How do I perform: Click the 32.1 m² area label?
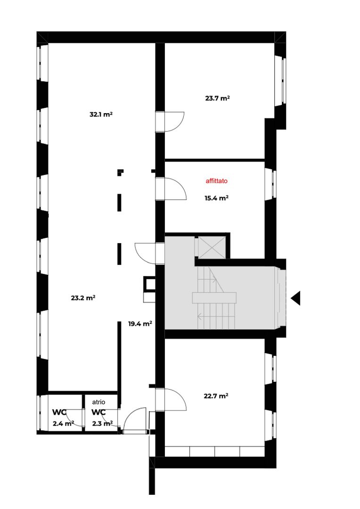101,114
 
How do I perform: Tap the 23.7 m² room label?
218,98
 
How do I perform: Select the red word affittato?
217,181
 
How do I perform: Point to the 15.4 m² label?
217,197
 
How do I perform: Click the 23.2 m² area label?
83,297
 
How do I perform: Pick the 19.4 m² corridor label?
140,324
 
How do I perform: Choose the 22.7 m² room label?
216,396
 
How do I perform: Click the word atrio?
98,402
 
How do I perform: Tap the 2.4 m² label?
63,423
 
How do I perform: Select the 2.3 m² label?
103,423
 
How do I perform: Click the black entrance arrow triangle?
296,298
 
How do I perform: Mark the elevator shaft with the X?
212,247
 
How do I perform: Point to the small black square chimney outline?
150,284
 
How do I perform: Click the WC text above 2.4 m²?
59,412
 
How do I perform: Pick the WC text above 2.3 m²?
98,412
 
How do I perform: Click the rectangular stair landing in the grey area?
214,298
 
